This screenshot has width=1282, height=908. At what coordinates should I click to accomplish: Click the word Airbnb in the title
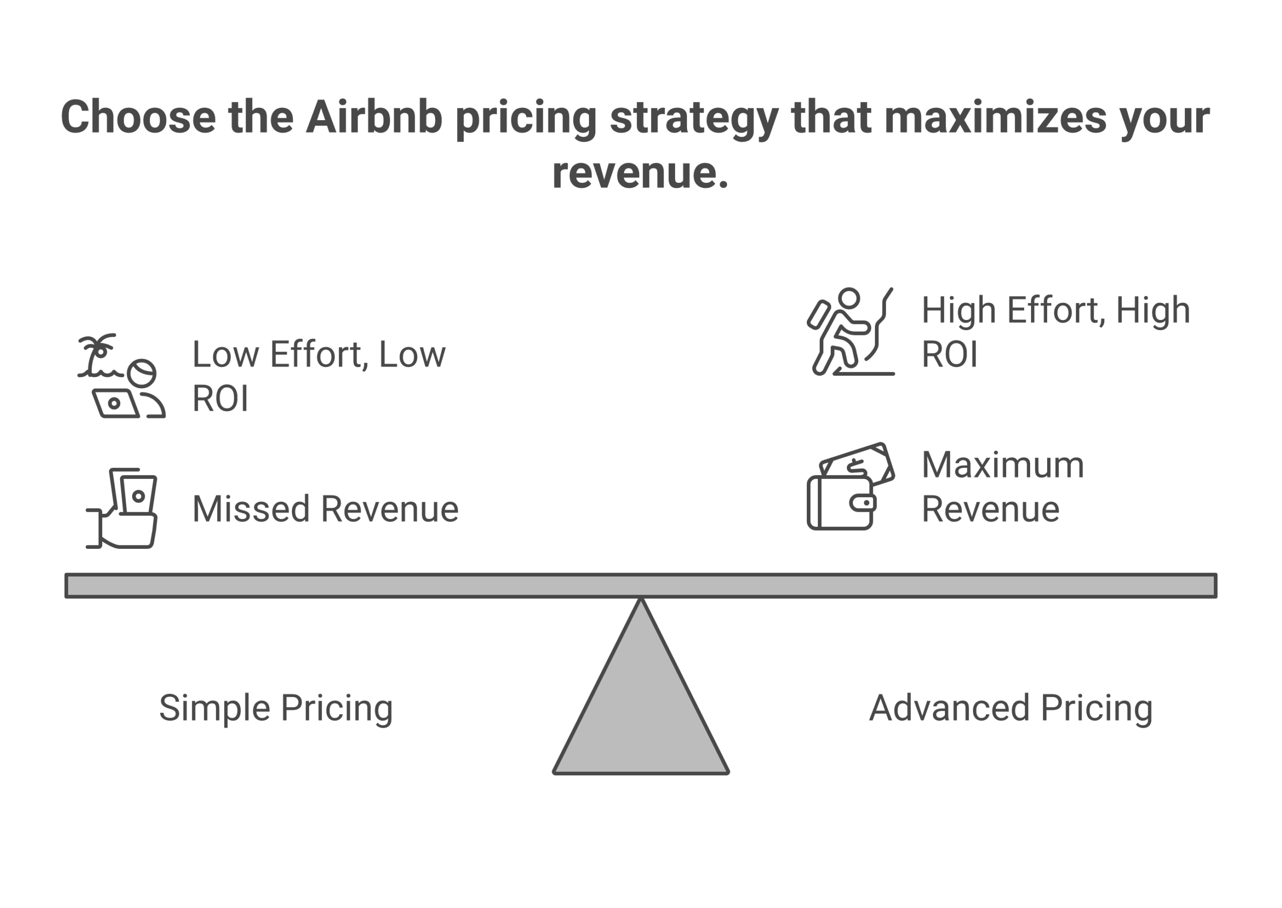[374, 117]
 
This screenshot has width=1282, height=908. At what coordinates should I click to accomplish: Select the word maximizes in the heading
[995, 117]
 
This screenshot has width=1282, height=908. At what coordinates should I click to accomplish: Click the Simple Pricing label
[275, 708]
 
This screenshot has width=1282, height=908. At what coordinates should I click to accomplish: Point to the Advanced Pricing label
[1010, 708]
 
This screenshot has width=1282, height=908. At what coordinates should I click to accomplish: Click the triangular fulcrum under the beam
[640, 710]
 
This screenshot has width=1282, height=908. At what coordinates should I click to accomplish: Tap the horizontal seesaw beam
[640, 585]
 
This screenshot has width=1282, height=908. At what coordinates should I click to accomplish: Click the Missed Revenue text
[325, 509]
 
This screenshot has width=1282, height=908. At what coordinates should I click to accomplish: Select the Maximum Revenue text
[1003, 486]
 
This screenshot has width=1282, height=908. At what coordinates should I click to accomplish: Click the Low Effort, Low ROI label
[318, 376]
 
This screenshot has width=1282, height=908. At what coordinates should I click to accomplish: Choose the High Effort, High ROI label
[1055, 332]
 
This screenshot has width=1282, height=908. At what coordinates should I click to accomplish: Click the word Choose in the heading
[138, 117]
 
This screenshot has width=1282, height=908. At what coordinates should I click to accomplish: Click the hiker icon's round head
[849, 298]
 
